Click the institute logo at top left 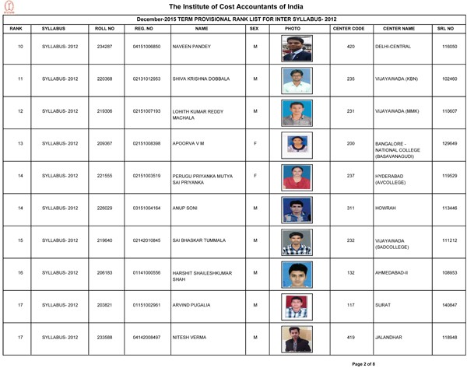[x=9, y=9]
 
